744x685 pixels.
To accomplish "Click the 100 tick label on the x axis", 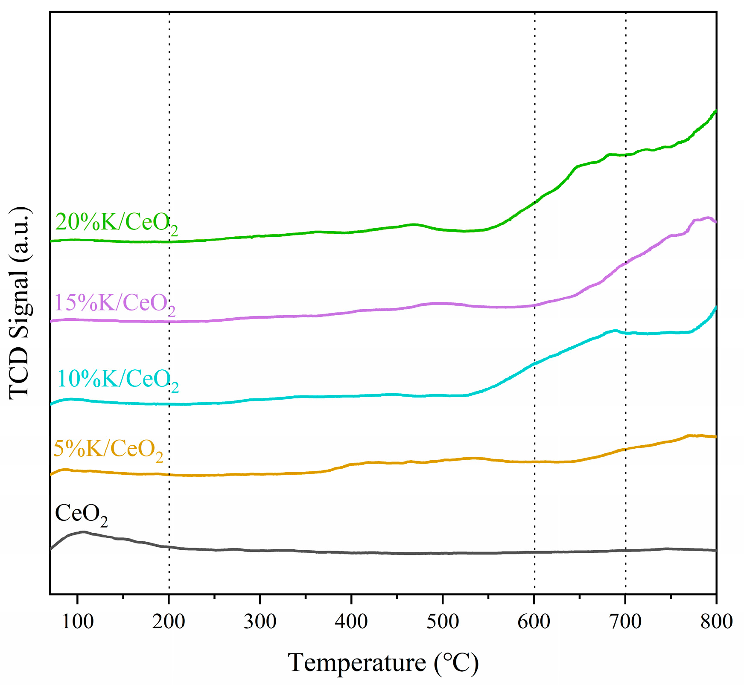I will [78, 622].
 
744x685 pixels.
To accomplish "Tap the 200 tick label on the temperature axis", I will [169, 622].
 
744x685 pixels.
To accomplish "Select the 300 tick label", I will [260, 622].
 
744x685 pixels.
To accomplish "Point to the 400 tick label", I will [351, 622].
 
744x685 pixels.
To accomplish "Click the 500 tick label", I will [443, 622].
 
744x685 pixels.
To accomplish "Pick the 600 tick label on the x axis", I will [534, 622].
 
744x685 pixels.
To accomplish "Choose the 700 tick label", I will [625, 622].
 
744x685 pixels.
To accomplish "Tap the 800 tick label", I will [716, 622].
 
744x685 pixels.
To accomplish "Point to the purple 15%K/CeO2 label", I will [115, 304].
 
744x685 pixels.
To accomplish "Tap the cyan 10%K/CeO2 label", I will [118, 379].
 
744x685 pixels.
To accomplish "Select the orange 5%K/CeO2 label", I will [108, 450].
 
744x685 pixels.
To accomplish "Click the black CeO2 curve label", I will [81, 514].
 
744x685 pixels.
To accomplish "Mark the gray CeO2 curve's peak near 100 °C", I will [83, 532].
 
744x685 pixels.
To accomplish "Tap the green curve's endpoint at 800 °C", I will [715, 110].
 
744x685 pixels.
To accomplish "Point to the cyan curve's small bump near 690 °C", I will [615, 330].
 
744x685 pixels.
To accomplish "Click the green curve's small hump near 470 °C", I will [413, 224].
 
